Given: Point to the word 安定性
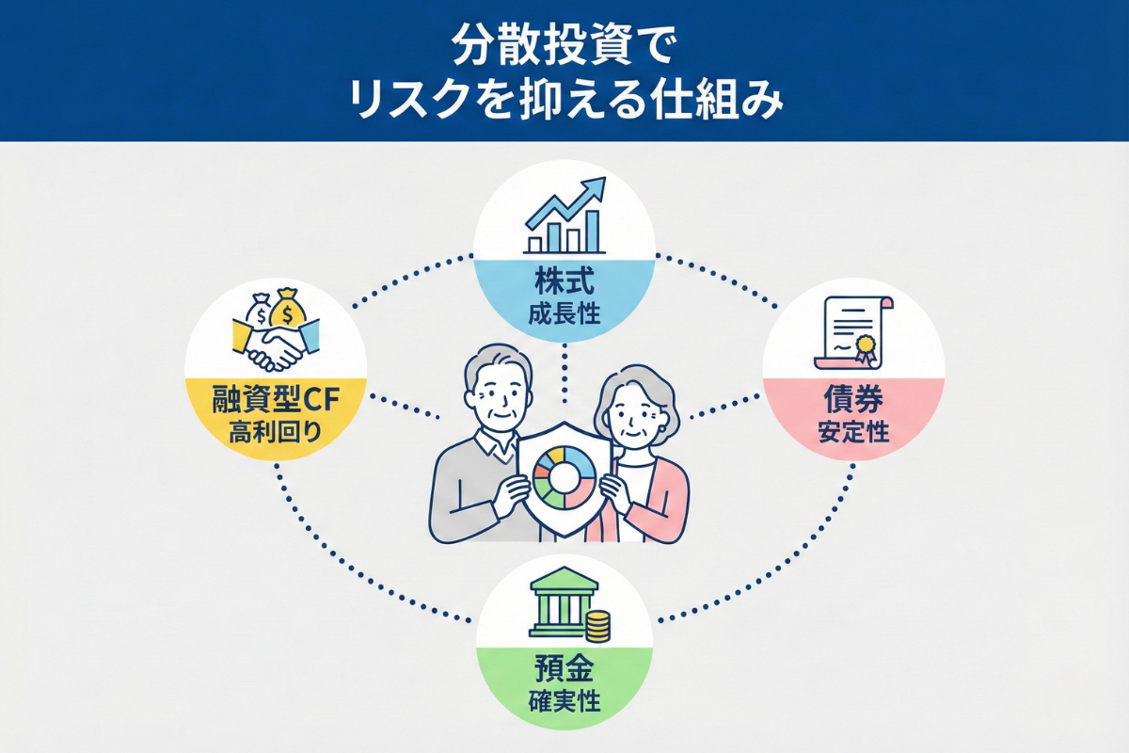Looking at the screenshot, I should [853, 433].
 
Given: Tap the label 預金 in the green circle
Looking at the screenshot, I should [564, 672].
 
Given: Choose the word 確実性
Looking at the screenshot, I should [564, 702].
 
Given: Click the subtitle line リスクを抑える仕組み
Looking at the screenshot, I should [564, 99].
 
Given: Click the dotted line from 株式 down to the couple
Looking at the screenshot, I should [564, 372].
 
